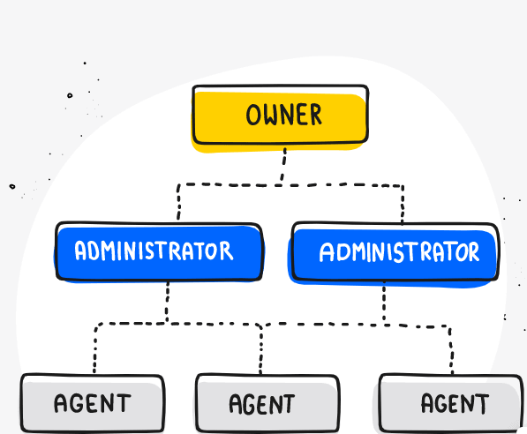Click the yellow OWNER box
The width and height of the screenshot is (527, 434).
281,115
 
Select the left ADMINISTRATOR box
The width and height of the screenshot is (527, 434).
159,251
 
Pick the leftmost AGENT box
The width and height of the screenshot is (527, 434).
93,403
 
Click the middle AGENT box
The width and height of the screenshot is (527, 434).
267,403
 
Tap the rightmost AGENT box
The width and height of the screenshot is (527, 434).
451,403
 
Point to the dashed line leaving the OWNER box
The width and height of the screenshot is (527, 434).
283,166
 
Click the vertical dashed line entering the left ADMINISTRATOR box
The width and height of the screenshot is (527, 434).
178,202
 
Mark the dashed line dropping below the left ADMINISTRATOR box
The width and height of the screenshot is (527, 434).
167,303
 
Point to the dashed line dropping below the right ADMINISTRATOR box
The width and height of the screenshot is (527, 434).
384,303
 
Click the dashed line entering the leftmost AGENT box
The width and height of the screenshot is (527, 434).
95,349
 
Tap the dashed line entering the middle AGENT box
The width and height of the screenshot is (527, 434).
261,350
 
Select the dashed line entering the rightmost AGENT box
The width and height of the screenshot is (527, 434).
451,350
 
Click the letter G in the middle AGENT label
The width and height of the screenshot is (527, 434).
249,404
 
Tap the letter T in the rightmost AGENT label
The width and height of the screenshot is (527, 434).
482,403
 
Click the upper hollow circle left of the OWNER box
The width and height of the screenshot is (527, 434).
70,95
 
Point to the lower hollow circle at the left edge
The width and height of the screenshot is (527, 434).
12,186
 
